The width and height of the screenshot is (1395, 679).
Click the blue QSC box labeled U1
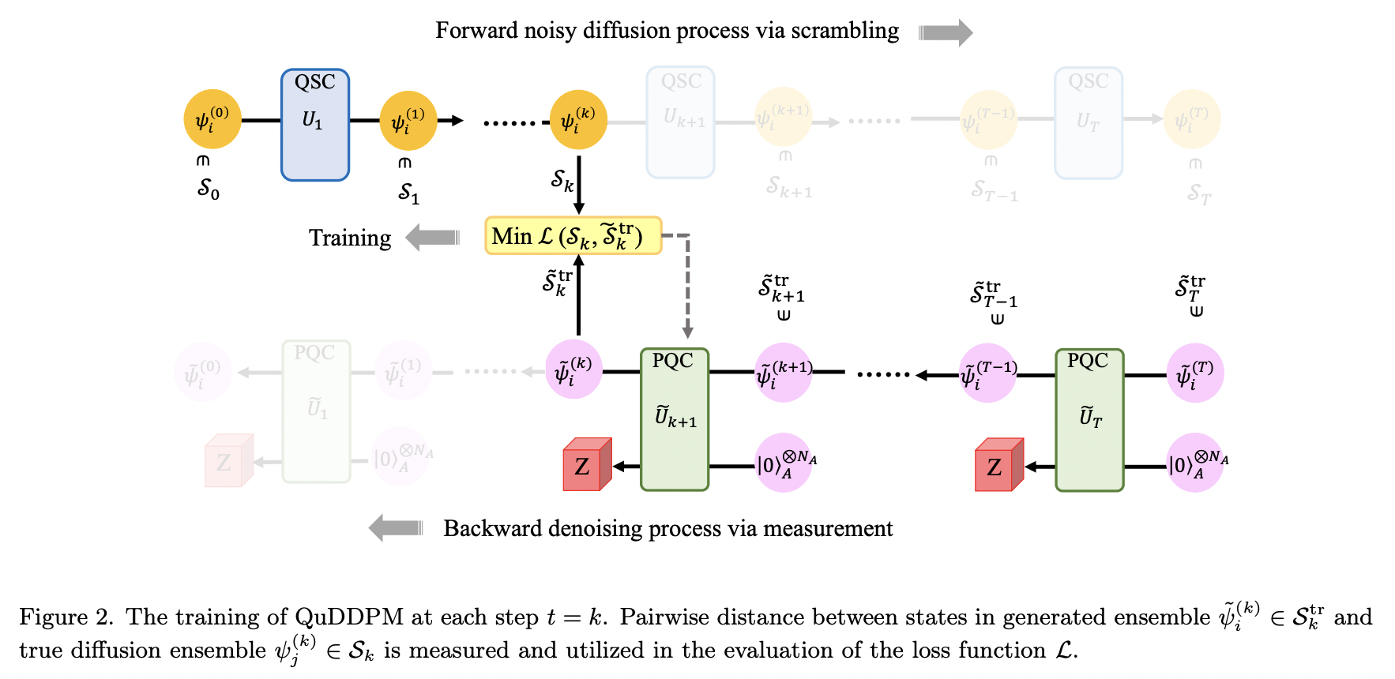click(x=314, y=125)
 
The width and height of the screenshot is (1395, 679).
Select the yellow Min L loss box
click(x=573, y=235)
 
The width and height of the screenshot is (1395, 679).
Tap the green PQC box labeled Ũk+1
click(x=674, y=419)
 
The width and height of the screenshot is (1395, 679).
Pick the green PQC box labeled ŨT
click(x=1089, y=420)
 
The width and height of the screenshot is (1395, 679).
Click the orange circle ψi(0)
click(x=212, y=120)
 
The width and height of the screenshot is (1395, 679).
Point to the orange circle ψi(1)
click(x=408, y=121)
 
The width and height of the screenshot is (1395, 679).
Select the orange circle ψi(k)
click(x=578, y=120)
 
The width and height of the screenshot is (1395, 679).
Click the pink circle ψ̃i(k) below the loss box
click(x=573, y=370)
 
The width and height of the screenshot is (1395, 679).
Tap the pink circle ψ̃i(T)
click(x=1194, y=373)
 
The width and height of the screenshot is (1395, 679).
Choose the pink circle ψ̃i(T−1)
click(x=987, y=373)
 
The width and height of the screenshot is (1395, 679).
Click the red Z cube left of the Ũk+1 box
click(x=586, y=465)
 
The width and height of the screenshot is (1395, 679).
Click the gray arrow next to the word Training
click(x=433, y=237)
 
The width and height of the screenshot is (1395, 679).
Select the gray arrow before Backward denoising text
click(x=396, y=527)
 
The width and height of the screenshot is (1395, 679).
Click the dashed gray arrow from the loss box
click(x=687, y=284)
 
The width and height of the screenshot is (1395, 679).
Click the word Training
click(x=349, y=238)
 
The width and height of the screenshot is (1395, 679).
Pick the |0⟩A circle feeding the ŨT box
click(x=1196, y=463)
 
